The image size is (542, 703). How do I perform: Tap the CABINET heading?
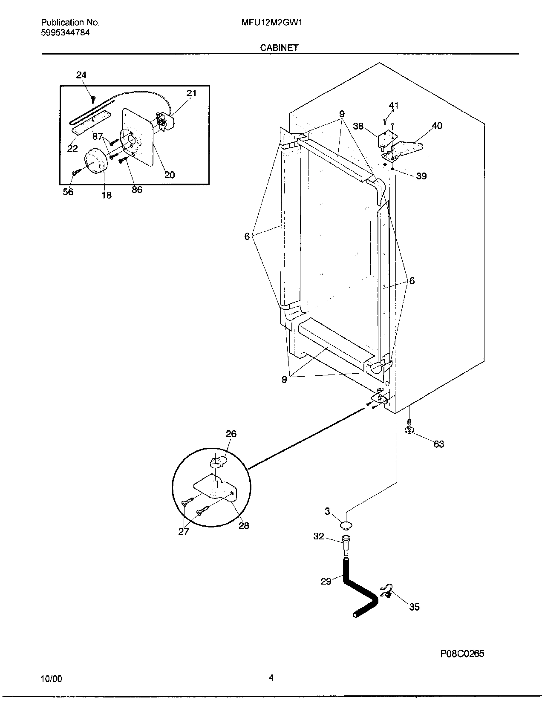pyautogui.click(x=279, y=48)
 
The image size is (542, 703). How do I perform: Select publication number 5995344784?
pyautogui.click(x=66, y=32)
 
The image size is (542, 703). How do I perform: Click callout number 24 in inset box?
pyautogui.click(x=81, y=75)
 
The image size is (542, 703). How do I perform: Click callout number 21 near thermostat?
pyautogui.click(x=192, y=93)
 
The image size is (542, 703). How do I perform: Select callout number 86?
pyautogui.click(x=137, y=190)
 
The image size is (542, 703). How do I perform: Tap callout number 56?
pyautogui.click(x=68, y=192)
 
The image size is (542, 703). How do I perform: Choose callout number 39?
pyautogui.click(x=421, y=176)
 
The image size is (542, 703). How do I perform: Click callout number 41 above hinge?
pyautogui.click(x=394, y=105)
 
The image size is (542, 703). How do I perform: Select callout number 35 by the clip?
pyautogui.click(x=414, y=607)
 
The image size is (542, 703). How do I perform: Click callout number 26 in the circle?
pyautogui.click(x=231, y=434)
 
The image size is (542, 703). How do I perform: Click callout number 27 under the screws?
pyautogui.click(x=183, y=532)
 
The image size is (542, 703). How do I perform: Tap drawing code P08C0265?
pyautogui.click(x=462, y=654)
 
